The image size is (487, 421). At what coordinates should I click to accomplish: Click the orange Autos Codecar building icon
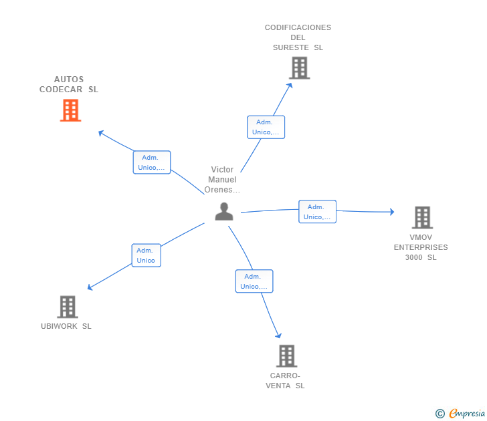click(70, 110)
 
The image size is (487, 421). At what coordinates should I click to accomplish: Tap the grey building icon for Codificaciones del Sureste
click(299, 67)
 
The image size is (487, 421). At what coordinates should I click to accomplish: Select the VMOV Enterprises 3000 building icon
click(421, 217)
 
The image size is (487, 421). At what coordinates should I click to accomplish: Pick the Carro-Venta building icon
click(286, 356)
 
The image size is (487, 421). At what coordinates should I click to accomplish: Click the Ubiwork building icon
click(67, 307)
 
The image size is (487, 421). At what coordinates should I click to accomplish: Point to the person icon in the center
click(224, 211)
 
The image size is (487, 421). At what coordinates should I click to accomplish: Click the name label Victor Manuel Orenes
click(222, 180)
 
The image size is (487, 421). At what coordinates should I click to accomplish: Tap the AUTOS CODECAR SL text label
click(69, 84)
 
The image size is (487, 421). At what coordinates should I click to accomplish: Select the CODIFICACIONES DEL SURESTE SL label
click(298, 37)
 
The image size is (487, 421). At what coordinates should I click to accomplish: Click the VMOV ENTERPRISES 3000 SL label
click(421, 247)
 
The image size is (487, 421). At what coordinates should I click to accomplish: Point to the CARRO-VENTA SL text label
click(285, 380)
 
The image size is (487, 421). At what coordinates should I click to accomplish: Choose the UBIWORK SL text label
click(66, 326)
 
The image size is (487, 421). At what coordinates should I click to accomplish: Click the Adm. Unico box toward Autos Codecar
click(152, 162)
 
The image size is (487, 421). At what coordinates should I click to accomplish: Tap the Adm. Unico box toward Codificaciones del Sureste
click(266, 127)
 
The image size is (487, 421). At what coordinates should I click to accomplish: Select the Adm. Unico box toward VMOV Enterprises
click(317, 212)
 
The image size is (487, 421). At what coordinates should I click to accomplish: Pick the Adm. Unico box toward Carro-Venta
click(254, 281)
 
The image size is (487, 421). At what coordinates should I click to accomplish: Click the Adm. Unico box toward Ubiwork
click(146, 255)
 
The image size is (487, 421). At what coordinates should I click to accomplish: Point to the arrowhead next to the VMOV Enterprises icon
click(392, 212)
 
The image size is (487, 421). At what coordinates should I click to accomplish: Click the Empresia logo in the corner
click(467, 413)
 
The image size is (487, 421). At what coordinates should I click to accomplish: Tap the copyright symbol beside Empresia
click(440, 414)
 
